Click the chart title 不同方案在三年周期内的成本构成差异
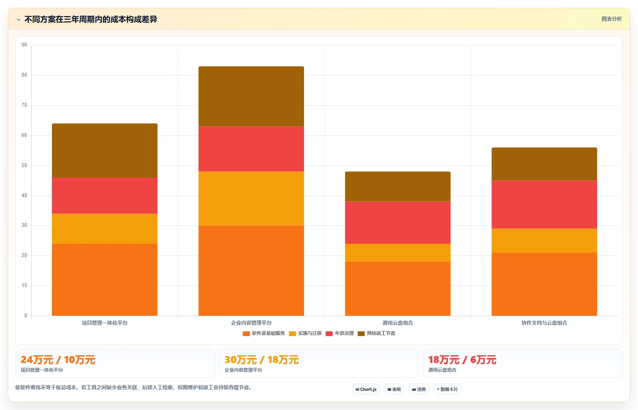[x=91, y=20]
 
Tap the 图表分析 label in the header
[x=611, y=19]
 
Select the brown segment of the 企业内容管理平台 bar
[x=251, y=96]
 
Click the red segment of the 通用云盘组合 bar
[x=398, y=223]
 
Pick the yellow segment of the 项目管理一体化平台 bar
[x=105, y=228]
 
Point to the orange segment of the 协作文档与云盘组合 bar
[x=544, y=284]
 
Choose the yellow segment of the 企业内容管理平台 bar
[x=251, y=198]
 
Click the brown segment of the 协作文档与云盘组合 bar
[x=544, y=164]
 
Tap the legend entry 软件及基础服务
[x=264, y=333]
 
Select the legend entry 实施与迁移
[x=306, y=333]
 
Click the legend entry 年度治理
[x=340, y=333]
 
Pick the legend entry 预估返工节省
[x=377, y=333]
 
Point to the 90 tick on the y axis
[x=24, y=45]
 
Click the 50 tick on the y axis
[x=24, y=165]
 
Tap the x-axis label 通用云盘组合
[x=398, y=323]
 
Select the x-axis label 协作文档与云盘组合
[x=544, y=323]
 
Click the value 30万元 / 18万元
[x=261, y=360]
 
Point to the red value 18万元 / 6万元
[x=462, y=360]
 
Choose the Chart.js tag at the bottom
[x=366, y=389]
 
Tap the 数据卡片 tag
[x=447, y=389]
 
